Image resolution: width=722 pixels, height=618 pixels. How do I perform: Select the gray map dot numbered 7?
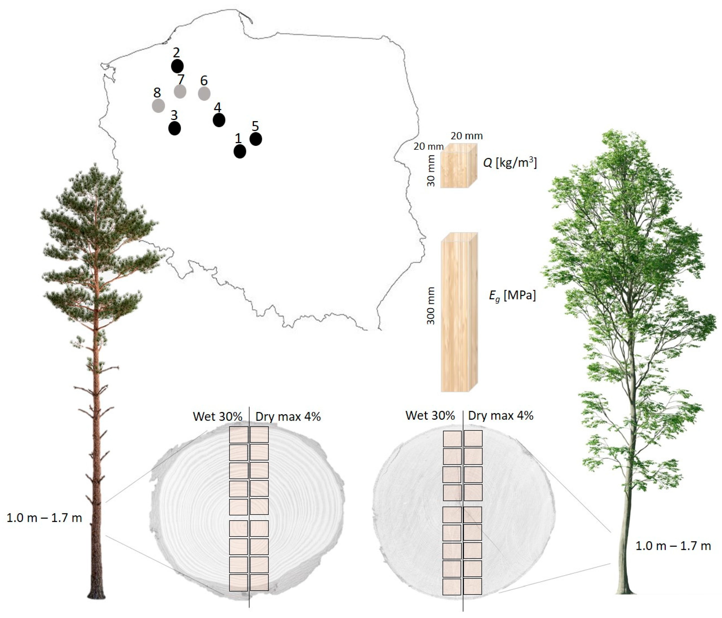[x=180, y=91]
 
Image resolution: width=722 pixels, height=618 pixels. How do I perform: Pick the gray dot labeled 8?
[x=158, y=106]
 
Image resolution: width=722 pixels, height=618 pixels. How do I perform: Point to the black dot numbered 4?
[x=219, y=120]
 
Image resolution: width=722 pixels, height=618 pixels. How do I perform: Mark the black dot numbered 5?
[x=256, y=139]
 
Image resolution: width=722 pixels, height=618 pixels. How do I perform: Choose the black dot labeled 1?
[x=240, y=151]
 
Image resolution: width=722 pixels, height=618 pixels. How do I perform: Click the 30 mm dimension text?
[x=431, y=171]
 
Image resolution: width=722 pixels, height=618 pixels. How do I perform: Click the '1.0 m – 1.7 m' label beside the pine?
[x=44, y=518]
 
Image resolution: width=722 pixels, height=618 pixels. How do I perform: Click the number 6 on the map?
[x=204, y=80]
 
